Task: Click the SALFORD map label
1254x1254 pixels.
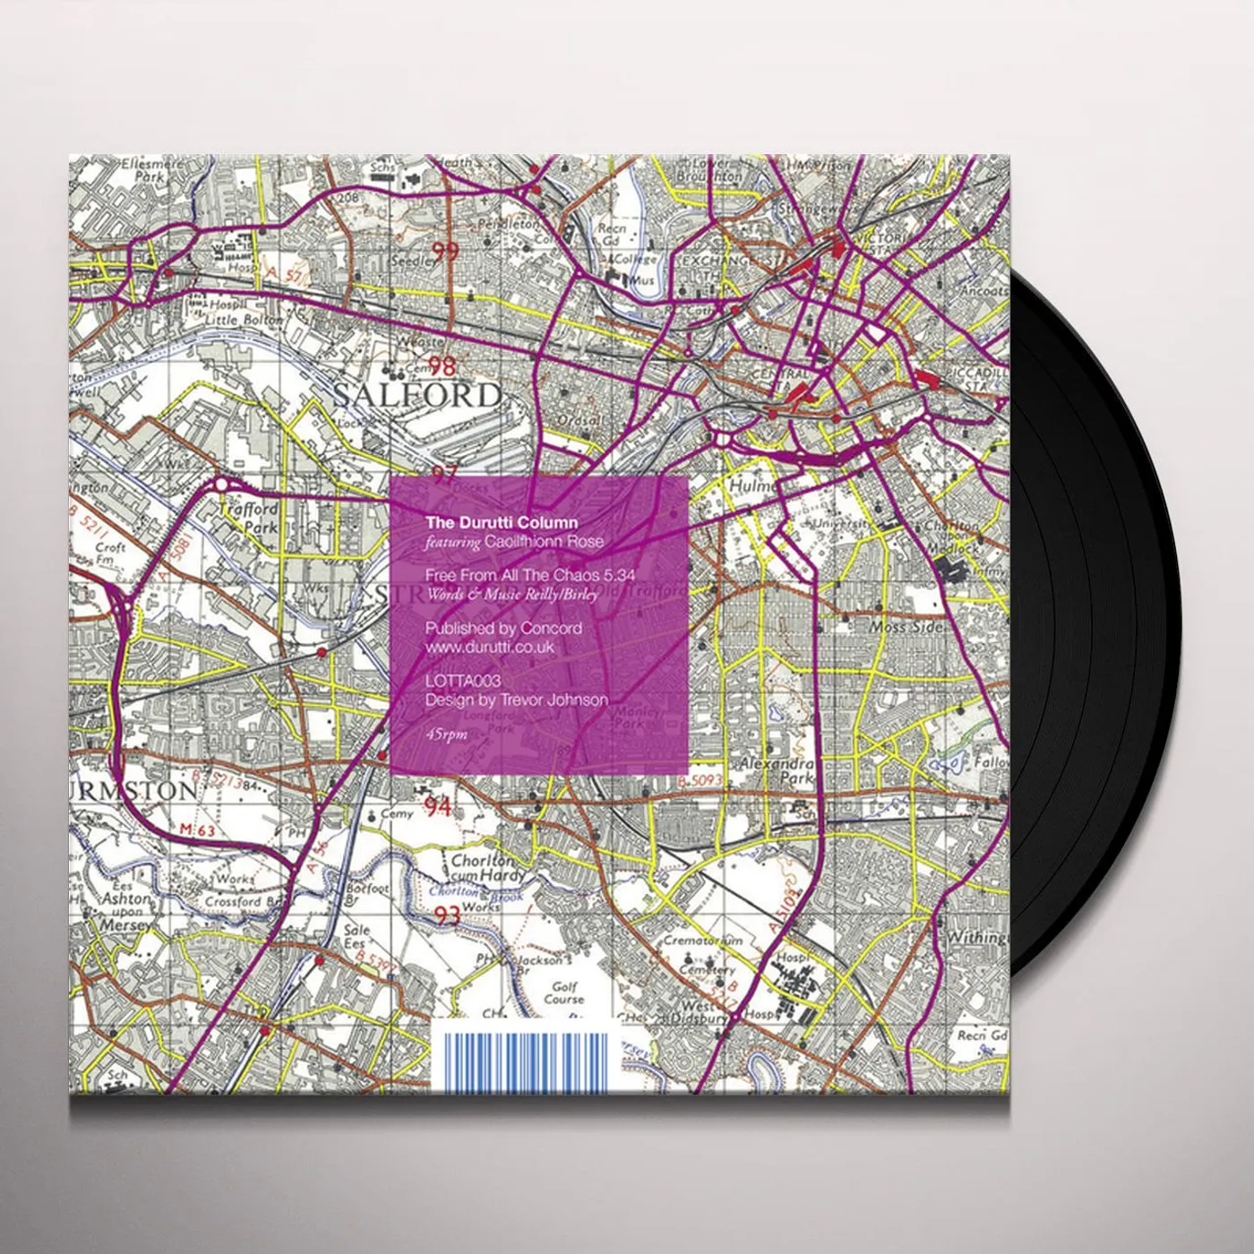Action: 417,395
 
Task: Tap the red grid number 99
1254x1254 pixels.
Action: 445,252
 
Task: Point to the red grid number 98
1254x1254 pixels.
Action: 442,365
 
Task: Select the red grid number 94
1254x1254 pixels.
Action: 438,808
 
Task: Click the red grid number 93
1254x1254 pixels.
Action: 446,915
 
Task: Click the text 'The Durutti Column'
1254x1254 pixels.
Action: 502,522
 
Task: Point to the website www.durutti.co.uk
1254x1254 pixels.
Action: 490,647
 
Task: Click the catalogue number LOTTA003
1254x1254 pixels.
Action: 463,683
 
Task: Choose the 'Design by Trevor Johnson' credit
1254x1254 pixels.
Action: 517,700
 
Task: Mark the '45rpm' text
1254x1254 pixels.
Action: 447,734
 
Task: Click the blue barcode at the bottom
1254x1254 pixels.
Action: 525,1061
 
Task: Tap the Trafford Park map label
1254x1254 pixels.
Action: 249,517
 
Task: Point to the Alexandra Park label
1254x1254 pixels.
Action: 777,771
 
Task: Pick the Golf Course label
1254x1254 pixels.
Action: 564,992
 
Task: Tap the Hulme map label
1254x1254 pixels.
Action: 751,485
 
